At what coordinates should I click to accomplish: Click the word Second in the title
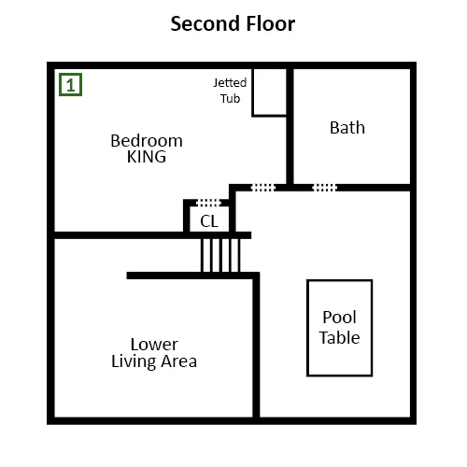tap(205, 23)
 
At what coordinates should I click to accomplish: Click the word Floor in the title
tap(271, 23)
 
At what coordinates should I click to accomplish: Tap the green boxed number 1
tap(71, 84)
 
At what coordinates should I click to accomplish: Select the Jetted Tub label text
tap(230, 91)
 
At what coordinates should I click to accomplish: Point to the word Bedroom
tap(147, 141)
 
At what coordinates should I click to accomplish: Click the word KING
tap(147, 157)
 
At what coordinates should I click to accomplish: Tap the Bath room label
tap(347, 128)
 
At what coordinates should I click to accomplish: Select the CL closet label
tap(209, 221)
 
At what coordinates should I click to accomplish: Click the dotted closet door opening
tap(208, 203)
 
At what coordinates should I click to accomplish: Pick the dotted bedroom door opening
tap(263, 188)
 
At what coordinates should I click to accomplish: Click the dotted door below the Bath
tap(325, 188)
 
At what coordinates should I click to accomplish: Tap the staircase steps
tap(220, 255)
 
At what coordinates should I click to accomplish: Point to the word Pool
tap(339, 318)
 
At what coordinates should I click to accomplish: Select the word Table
tap(339, 337)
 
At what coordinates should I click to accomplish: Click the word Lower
tap(154, 345)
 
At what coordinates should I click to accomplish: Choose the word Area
tap(179, 361)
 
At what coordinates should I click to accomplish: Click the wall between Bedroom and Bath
tap(290, 126)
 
